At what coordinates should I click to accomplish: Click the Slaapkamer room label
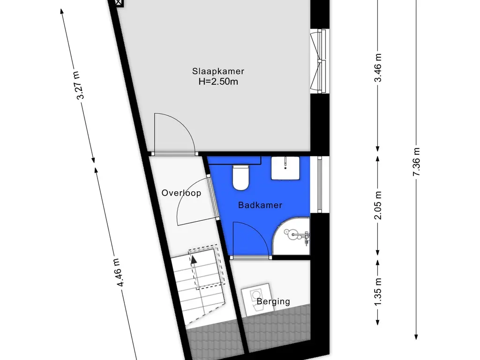[218, 71]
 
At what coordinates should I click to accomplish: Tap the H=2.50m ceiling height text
[218, 82]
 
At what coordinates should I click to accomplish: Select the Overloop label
[181, 193]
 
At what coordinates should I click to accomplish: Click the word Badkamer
[260, 205]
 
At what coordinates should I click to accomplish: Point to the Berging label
[273, 301]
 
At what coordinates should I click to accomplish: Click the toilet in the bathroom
[240, 178]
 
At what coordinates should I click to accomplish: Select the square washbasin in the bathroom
[285, 168]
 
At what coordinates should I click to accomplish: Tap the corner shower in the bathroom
[291, 236]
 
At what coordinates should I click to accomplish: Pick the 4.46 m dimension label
[120, 272]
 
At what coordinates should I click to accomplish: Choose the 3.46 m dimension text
[378, 67]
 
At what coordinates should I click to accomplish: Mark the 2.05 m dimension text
[378, 205]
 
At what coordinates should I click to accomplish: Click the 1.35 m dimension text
[378, 291]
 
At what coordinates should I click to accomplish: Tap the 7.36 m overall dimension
[416, 162]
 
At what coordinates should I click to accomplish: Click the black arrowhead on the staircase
[194, 260]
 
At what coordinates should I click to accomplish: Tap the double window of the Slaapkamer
[319, 61]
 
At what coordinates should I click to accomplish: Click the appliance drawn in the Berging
[257, 300]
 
